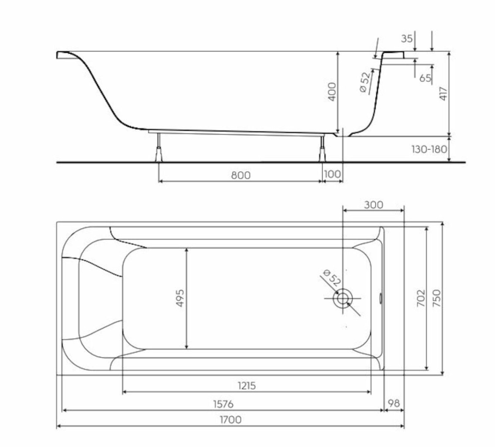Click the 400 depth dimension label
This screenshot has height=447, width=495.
click(x=332, y=92)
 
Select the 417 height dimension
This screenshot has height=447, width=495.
click(x=443, y=94)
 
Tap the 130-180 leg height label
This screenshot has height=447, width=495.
click(x=429, y=149)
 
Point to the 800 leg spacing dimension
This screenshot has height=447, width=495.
click(x=241, y=175)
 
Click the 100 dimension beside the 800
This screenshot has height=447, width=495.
click(x=333, y=174)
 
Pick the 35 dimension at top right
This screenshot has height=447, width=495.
click(x=407, y=38)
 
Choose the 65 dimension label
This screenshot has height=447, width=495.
click(x=425, y=78)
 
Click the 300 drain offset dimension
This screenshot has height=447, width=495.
click(x=374, y=205)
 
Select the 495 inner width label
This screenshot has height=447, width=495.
click(x=180, y=298)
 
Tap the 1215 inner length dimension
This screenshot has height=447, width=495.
click(x=247, y=385)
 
